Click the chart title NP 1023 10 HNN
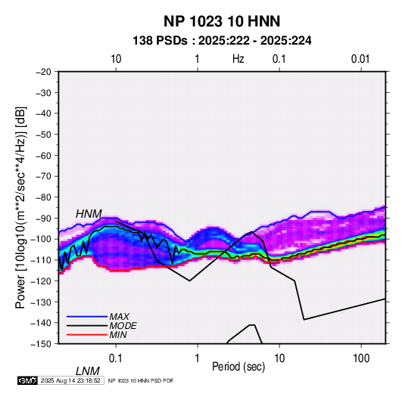click(x=222, y=21)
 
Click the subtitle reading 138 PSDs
click(x=160, y=41)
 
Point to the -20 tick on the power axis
click(x=43, y=72)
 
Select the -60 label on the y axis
click(x=43, y=156)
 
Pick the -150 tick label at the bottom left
click(x=41, y=344)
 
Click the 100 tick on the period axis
click(x=361, y=358)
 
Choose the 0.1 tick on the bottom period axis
click(x=116, y=358)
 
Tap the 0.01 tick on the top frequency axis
click(x=360, y=59)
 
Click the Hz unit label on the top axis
click(x=238, y=59)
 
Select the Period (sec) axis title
click(x=238, y=367)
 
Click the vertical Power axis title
click(x=20, y=207)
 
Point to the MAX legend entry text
click(x=120, y=317)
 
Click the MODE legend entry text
click(x=123, y=326)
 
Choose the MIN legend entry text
click(x=118, y=335)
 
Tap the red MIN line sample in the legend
click(x=87, y=335)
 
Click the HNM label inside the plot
click(x=89, y=214)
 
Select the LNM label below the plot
click(x=88, y=371)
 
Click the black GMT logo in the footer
click(x=27, y=380)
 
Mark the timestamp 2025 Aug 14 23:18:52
click(x=70, y=380)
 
